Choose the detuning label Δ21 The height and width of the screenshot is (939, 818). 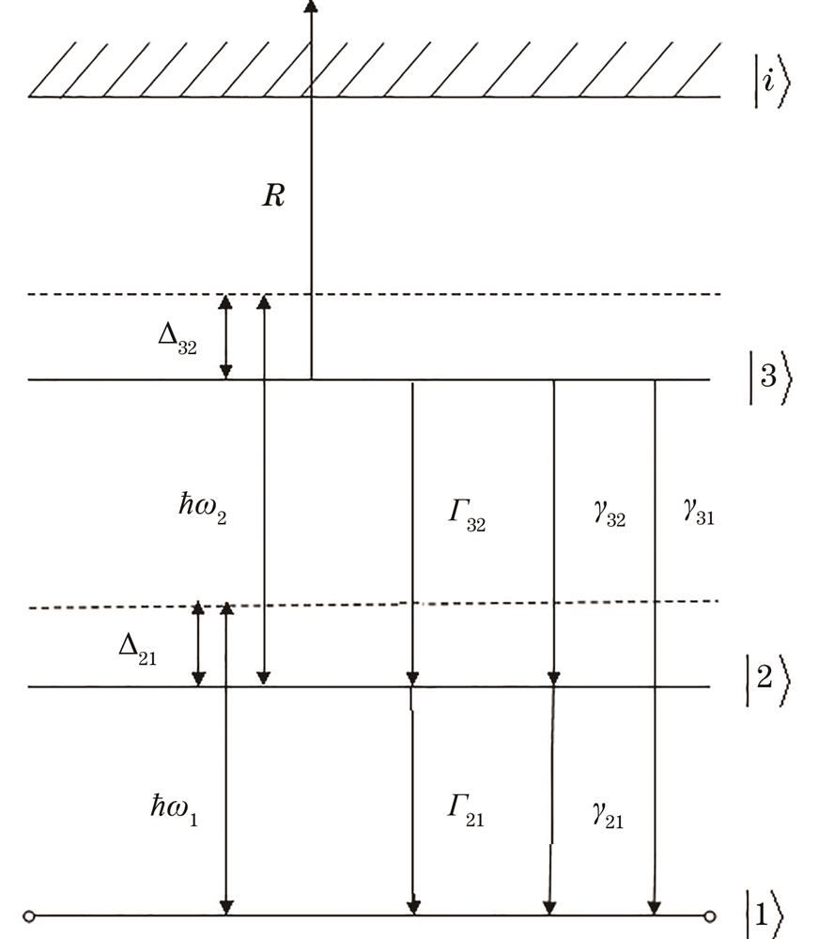click(137, 651)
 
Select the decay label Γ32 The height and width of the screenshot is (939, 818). click(464, 516)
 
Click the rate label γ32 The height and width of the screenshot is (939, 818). click(609, 516)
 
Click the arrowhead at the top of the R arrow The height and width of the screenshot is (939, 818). click(311, 6)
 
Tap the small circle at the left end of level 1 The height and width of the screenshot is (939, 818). click(29, 916)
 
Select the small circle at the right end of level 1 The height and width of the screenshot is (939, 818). click(710, 916)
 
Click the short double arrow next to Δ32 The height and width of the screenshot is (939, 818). click(225, 337)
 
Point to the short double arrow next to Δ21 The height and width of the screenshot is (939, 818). click(198, 645)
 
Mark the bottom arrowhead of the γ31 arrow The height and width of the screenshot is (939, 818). click(654, 907)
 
